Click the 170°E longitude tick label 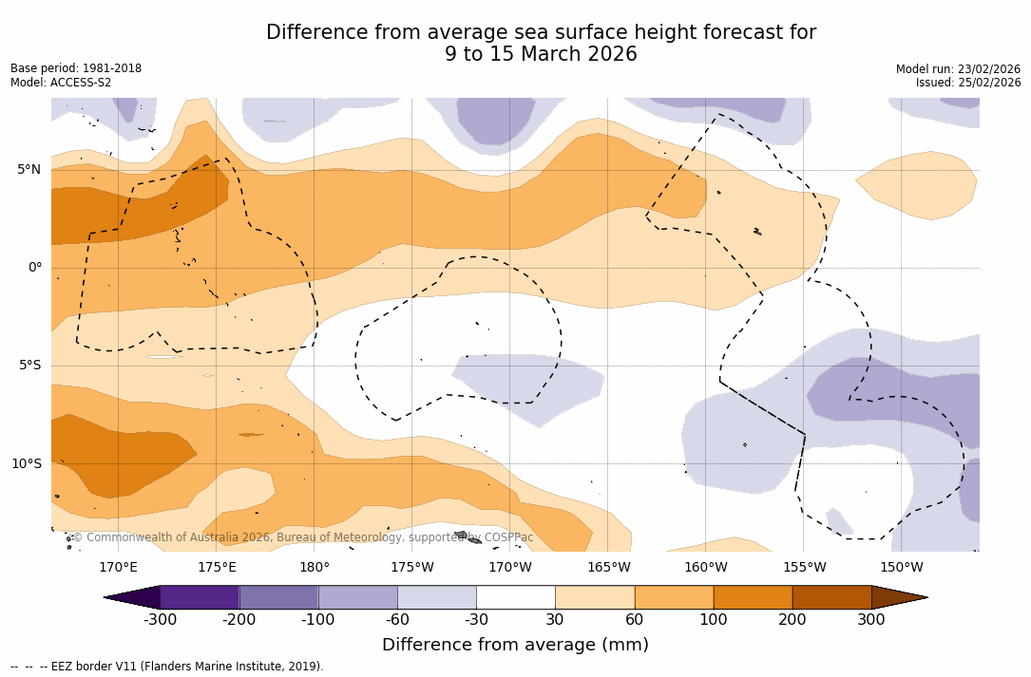[118, 568]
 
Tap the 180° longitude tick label [314, 568]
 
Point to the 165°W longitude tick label [608, 568]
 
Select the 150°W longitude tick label [901, 568]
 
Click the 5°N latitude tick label [29, 170]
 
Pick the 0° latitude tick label [35, 268]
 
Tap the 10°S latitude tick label [26, 464]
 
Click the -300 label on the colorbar [160, 620]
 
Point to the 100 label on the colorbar [713, 620]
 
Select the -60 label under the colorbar [397, 620]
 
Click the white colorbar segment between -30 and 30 [515, 597]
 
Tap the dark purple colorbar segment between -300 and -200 [200, 597]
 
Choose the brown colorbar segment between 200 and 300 [831, 597]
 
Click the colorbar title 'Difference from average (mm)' [515, 646]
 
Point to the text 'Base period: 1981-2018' [76, 68]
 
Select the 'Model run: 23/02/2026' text [958, 69]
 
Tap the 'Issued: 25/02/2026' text [968, 83]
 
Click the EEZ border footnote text [167, 667]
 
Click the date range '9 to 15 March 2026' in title [541, 55]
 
